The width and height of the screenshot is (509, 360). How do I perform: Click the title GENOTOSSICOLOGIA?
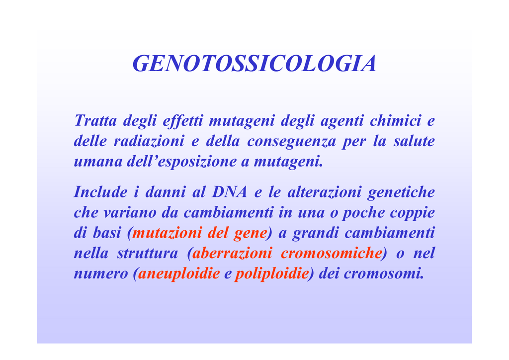254,63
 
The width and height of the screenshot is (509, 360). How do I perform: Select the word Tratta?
95,120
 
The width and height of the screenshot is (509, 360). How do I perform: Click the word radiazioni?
149,141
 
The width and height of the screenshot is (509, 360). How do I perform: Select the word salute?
414,141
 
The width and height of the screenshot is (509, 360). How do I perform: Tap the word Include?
100,191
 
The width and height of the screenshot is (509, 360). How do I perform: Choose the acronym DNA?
230,191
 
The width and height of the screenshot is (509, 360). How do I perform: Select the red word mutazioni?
167,232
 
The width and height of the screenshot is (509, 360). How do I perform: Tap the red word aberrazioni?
232,253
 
